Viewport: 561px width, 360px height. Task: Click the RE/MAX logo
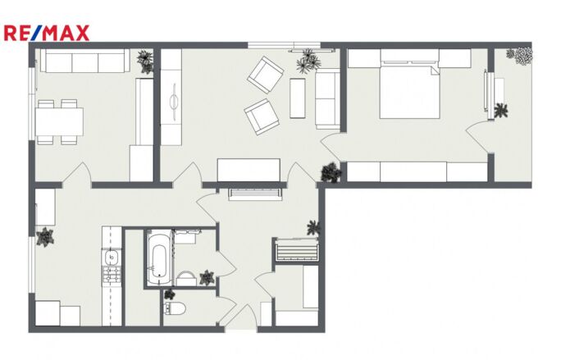pyautogui.click(x=47, y=33)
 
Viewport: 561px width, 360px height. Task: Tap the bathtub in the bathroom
pyautogui.click(x=159, y=257)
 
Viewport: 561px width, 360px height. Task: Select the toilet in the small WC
pyautogui.click(x=174, y=308)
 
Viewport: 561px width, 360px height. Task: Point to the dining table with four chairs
pyautogui.click(x=59, y=121)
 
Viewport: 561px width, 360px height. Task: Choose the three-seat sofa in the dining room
pyautogui.click(x=84, y=61)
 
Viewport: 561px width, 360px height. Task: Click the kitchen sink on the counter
pyautogui.click(x=112, y=257)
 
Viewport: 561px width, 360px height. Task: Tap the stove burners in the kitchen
pyautogui.click(x=112, y=276)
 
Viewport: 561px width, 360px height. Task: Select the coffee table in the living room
pyautogui.click(x=298, y=98)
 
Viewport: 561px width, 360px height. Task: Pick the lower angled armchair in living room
pyautogui.click(x=262, y=116)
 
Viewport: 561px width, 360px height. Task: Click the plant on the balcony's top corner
pyautogui.click(x=520, y=56)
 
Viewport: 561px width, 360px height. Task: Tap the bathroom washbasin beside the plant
pyautogui.click(x=186, y=278)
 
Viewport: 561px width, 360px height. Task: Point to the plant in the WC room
pyautogui.click(x=169, y=294)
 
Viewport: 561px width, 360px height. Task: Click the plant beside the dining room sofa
pyautogui.click(x=146, y=62)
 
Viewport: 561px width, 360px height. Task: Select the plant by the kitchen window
pyautogui.click(x=45, y=237)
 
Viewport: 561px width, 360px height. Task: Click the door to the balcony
pyautogui.click(x=478, y=138)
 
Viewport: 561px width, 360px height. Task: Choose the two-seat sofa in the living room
pyautogui.click(x=327, y=99)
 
